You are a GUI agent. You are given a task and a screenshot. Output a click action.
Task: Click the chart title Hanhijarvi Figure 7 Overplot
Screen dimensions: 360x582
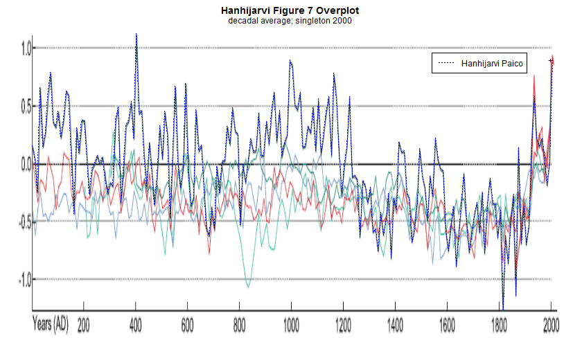tap(290, 11)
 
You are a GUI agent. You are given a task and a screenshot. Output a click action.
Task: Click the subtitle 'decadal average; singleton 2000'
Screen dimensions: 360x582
tap(290, 21)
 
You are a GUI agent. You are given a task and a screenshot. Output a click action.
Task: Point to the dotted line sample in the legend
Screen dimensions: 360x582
tap(445, 64)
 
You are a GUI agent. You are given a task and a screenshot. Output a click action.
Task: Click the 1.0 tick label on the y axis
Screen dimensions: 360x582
tap(26, 48)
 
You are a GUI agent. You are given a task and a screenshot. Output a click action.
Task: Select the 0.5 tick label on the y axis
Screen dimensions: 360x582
tap(26, 106)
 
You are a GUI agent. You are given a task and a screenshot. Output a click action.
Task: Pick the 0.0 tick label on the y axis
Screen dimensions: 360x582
tap(26, 164)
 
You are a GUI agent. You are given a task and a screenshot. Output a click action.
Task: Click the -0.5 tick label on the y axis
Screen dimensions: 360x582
tap(24, 222)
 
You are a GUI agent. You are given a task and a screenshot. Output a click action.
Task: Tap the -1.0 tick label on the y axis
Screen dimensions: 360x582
tap(24, 280)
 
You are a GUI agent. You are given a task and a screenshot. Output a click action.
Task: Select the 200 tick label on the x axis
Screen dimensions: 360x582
tap(83, 323)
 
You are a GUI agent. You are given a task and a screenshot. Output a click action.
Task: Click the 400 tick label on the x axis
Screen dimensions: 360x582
tap(135, 323)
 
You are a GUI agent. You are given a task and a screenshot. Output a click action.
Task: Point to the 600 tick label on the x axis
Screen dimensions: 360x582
tap(187, 323)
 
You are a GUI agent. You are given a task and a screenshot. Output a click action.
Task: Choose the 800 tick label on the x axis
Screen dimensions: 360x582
tap(239, 323)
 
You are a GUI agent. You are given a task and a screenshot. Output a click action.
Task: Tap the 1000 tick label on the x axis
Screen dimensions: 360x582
tap(291, 323)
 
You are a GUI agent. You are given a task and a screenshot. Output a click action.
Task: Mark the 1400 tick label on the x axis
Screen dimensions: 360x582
tap(395, 323)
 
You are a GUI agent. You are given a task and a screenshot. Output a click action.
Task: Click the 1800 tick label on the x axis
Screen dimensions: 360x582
tap(499, 323)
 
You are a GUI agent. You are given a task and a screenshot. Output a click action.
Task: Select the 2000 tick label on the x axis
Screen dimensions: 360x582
tap(551, 323)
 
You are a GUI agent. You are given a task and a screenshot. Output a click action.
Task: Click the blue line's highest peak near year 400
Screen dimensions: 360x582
tap(136, 34)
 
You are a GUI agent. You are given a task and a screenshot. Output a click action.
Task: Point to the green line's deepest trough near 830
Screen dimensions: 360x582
tap(248, 286)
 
